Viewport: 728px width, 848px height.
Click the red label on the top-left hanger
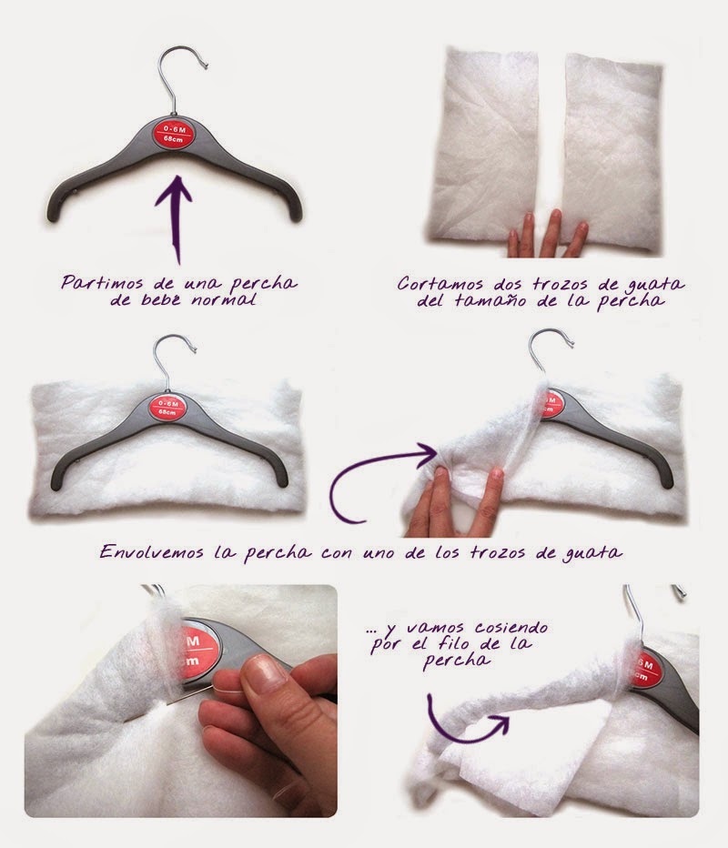point(175,134)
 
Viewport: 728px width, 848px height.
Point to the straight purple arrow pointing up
point(175,218)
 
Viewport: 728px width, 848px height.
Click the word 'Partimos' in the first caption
point(102,283)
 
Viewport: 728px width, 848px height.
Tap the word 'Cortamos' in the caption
point(440,284)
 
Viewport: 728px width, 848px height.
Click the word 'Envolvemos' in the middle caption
point(151,552)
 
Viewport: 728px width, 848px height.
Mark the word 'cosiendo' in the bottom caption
point(511,628)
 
